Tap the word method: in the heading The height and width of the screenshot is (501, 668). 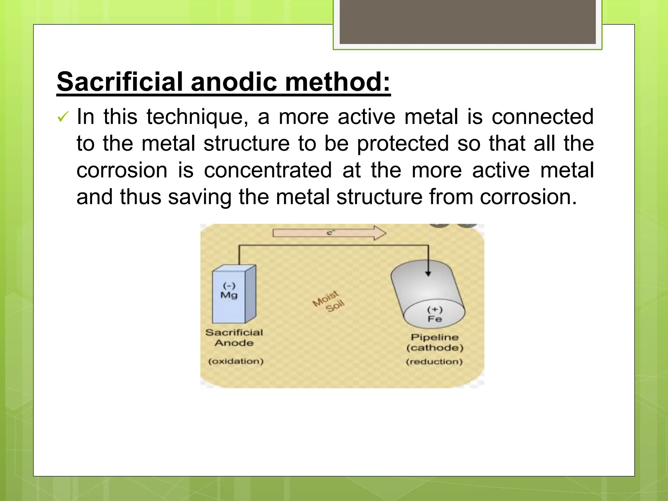click(x=338, y=82)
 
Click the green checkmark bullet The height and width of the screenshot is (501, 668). click(x=63, y=117)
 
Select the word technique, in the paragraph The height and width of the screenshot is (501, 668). click(x=197, y=117)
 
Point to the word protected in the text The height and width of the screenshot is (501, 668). click(x=403, y=144)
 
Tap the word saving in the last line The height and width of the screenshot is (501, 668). click(x=200, y=197)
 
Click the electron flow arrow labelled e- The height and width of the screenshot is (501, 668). click(x=329, y=233)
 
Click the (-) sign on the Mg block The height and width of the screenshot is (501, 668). click(x=229, y=286)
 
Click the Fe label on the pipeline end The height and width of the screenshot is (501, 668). click(x=435, y=319)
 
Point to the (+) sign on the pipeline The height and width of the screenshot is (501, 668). click(x=435, y=310)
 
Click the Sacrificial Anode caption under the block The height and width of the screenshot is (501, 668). click(x=234, y=338)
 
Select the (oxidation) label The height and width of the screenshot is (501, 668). click(x=236, y=361)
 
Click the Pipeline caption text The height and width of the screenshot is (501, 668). click(x=435, y=337)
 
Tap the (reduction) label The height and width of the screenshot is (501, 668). click(x=434, y=362)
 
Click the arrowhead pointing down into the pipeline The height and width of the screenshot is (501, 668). click(x=428, y=274)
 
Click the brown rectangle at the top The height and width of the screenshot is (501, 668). click(x=467, y=22)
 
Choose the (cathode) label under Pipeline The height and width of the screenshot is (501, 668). click(x=435, y=348)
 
